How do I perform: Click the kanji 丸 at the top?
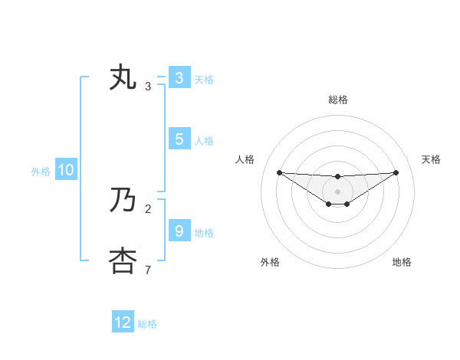123,78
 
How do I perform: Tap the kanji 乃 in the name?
123,201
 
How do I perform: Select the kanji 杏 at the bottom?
123,261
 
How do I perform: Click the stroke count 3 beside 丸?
148,87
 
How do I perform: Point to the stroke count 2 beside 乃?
148,208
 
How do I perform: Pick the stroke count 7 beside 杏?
148,270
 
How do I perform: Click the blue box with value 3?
179,78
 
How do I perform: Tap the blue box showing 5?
179,139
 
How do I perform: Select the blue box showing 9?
179,231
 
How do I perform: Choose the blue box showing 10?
65,171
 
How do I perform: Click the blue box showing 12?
123,322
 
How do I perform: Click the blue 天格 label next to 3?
204,79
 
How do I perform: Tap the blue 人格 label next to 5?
204,141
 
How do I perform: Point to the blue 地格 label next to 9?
204,233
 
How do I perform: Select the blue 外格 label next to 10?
41,172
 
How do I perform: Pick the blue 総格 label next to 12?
147,324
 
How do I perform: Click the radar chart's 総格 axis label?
337,100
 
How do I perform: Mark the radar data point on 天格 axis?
396,172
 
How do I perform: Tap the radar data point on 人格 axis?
279,172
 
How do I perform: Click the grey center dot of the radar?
337,191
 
